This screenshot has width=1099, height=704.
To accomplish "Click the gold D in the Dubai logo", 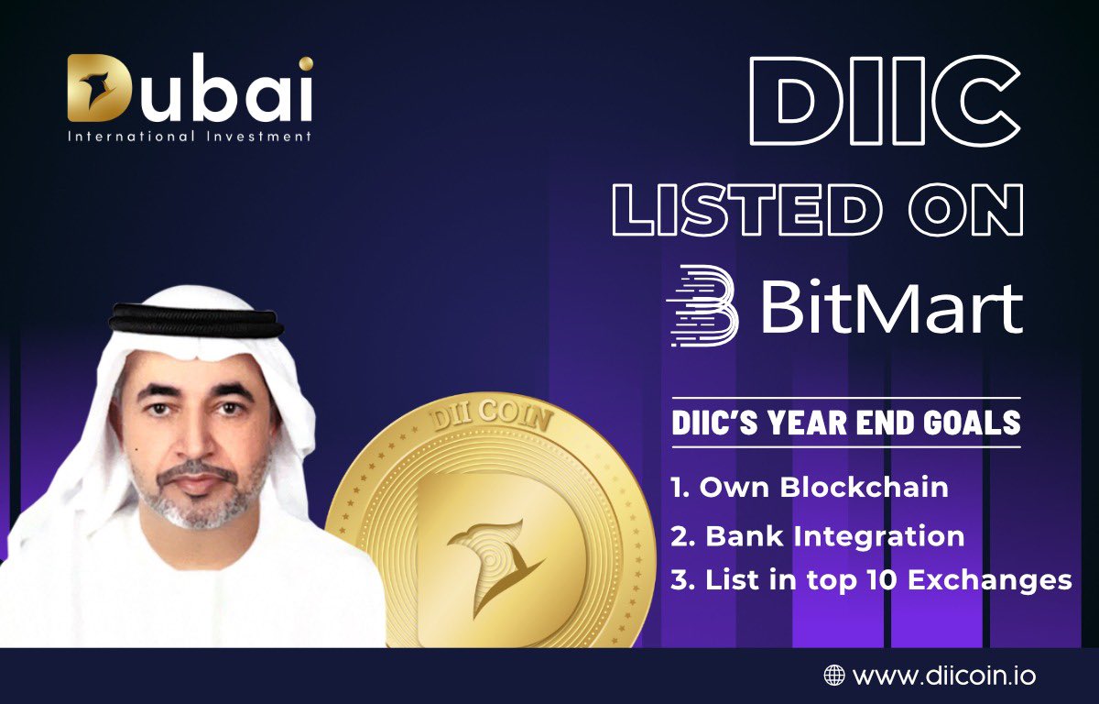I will tap(95, 89).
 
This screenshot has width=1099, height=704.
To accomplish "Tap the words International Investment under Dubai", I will tap(189, 137).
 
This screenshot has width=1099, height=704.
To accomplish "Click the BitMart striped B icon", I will tap(702, 306).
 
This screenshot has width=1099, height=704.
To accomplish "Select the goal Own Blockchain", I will tap(810, 487).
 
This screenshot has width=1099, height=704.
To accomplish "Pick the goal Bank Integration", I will tap(817, 535).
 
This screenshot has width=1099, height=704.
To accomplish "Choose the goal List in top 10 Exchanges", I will tap(870, 580).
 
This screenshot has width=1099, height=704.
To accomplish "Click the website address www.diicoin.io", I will tap(944, 676).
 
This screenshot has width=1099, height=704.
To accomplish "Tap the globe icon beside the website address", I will tap(833, 676).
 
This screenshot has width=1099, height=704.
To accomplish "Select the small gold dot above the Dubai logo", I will tap(305, 63).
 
